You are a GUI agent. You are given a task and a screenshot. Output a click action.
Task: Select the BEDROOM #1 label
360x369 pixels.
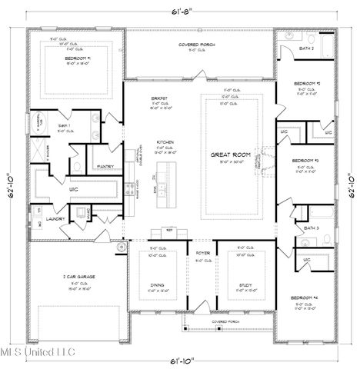tap(78, 58)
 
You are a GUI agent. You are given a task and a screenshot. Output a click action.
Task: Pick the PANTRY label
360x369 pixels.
tap(105, 166)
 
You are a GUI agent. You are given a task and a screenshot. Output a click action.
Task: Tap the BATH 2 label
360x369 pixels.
tap(307, 48)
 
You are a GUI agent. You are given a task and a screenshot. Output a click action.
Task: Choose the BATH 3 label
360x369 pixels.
tap(311, 228)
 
